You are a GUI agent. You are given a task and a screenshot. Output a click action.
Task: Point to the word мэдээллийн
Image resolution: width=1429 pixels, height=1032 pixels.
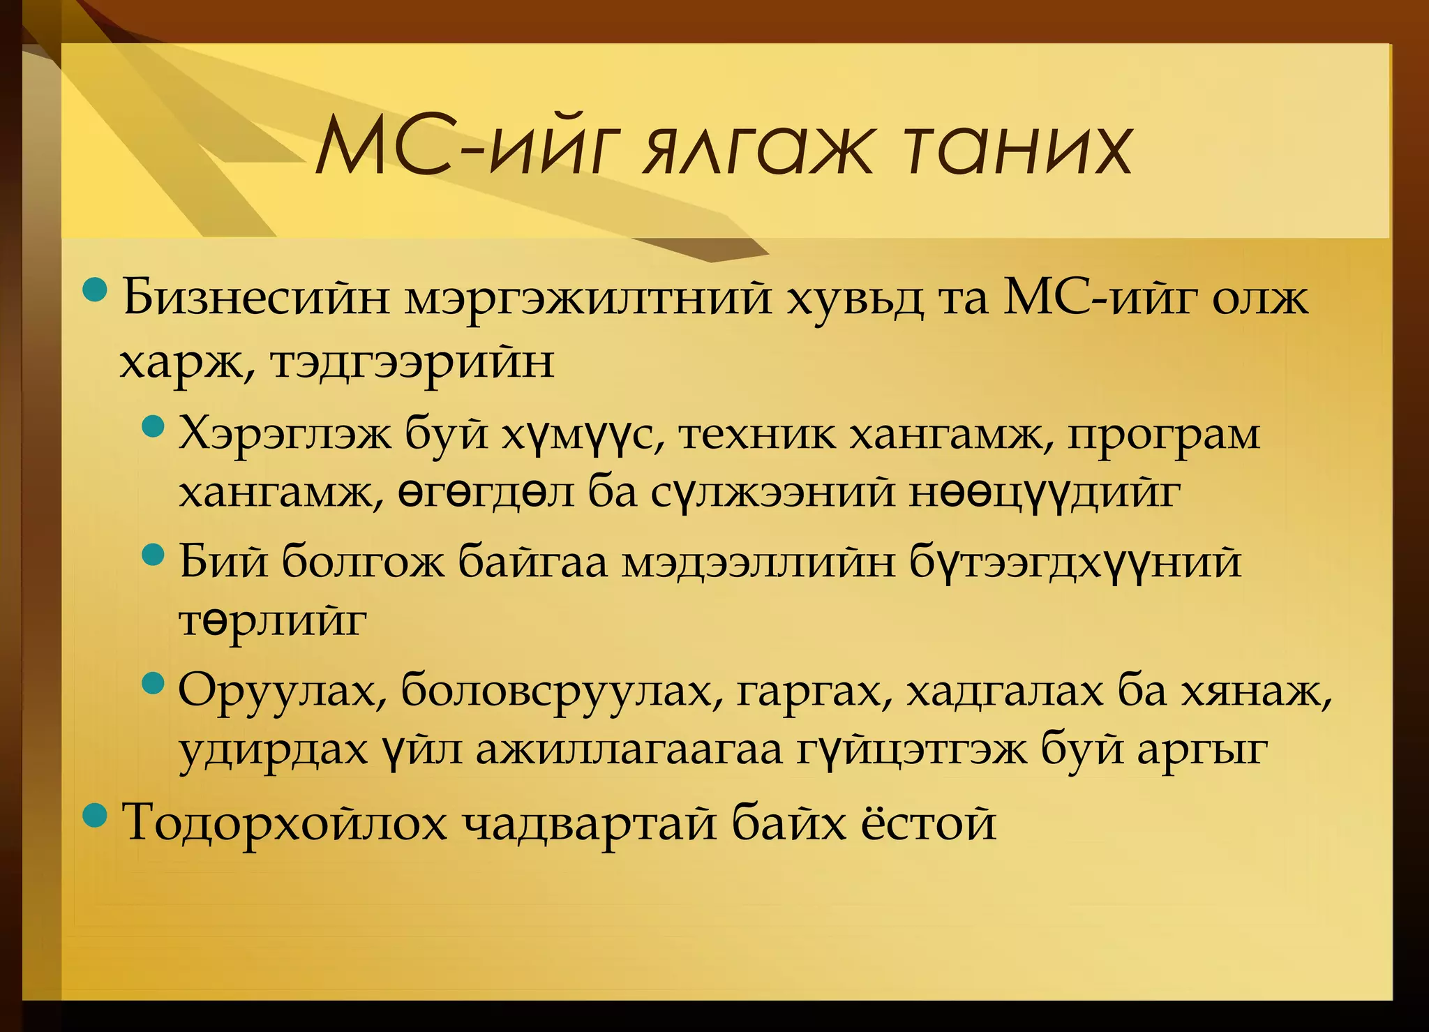pyautogui.click(x=758, y=562)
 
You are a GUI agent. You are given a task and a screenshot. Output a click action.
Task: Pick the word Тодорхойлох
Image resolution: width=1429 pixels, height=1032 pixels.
pyautogui.click(x=285, y=823)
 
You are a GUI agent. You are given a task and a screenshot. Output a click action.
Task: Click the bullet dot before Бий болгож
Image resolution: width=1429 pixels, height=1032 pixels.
pyautogui.click(x=152, y=555)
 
